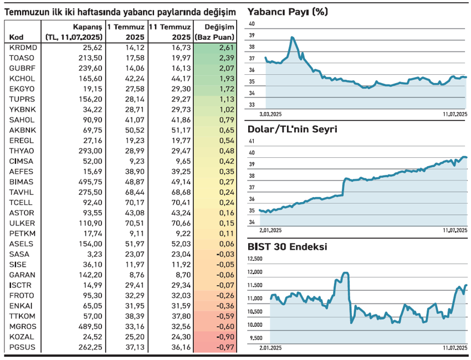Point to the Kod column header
click(16, 37)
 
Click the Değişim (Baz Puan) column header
click(215, 32)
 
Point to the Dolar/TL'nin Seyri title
click(292, 129)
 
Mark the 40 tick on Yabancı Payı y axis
click(252, 24)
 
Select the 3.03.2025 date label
click(271, 114)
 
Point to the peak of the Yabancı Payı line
click(293, 38)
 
